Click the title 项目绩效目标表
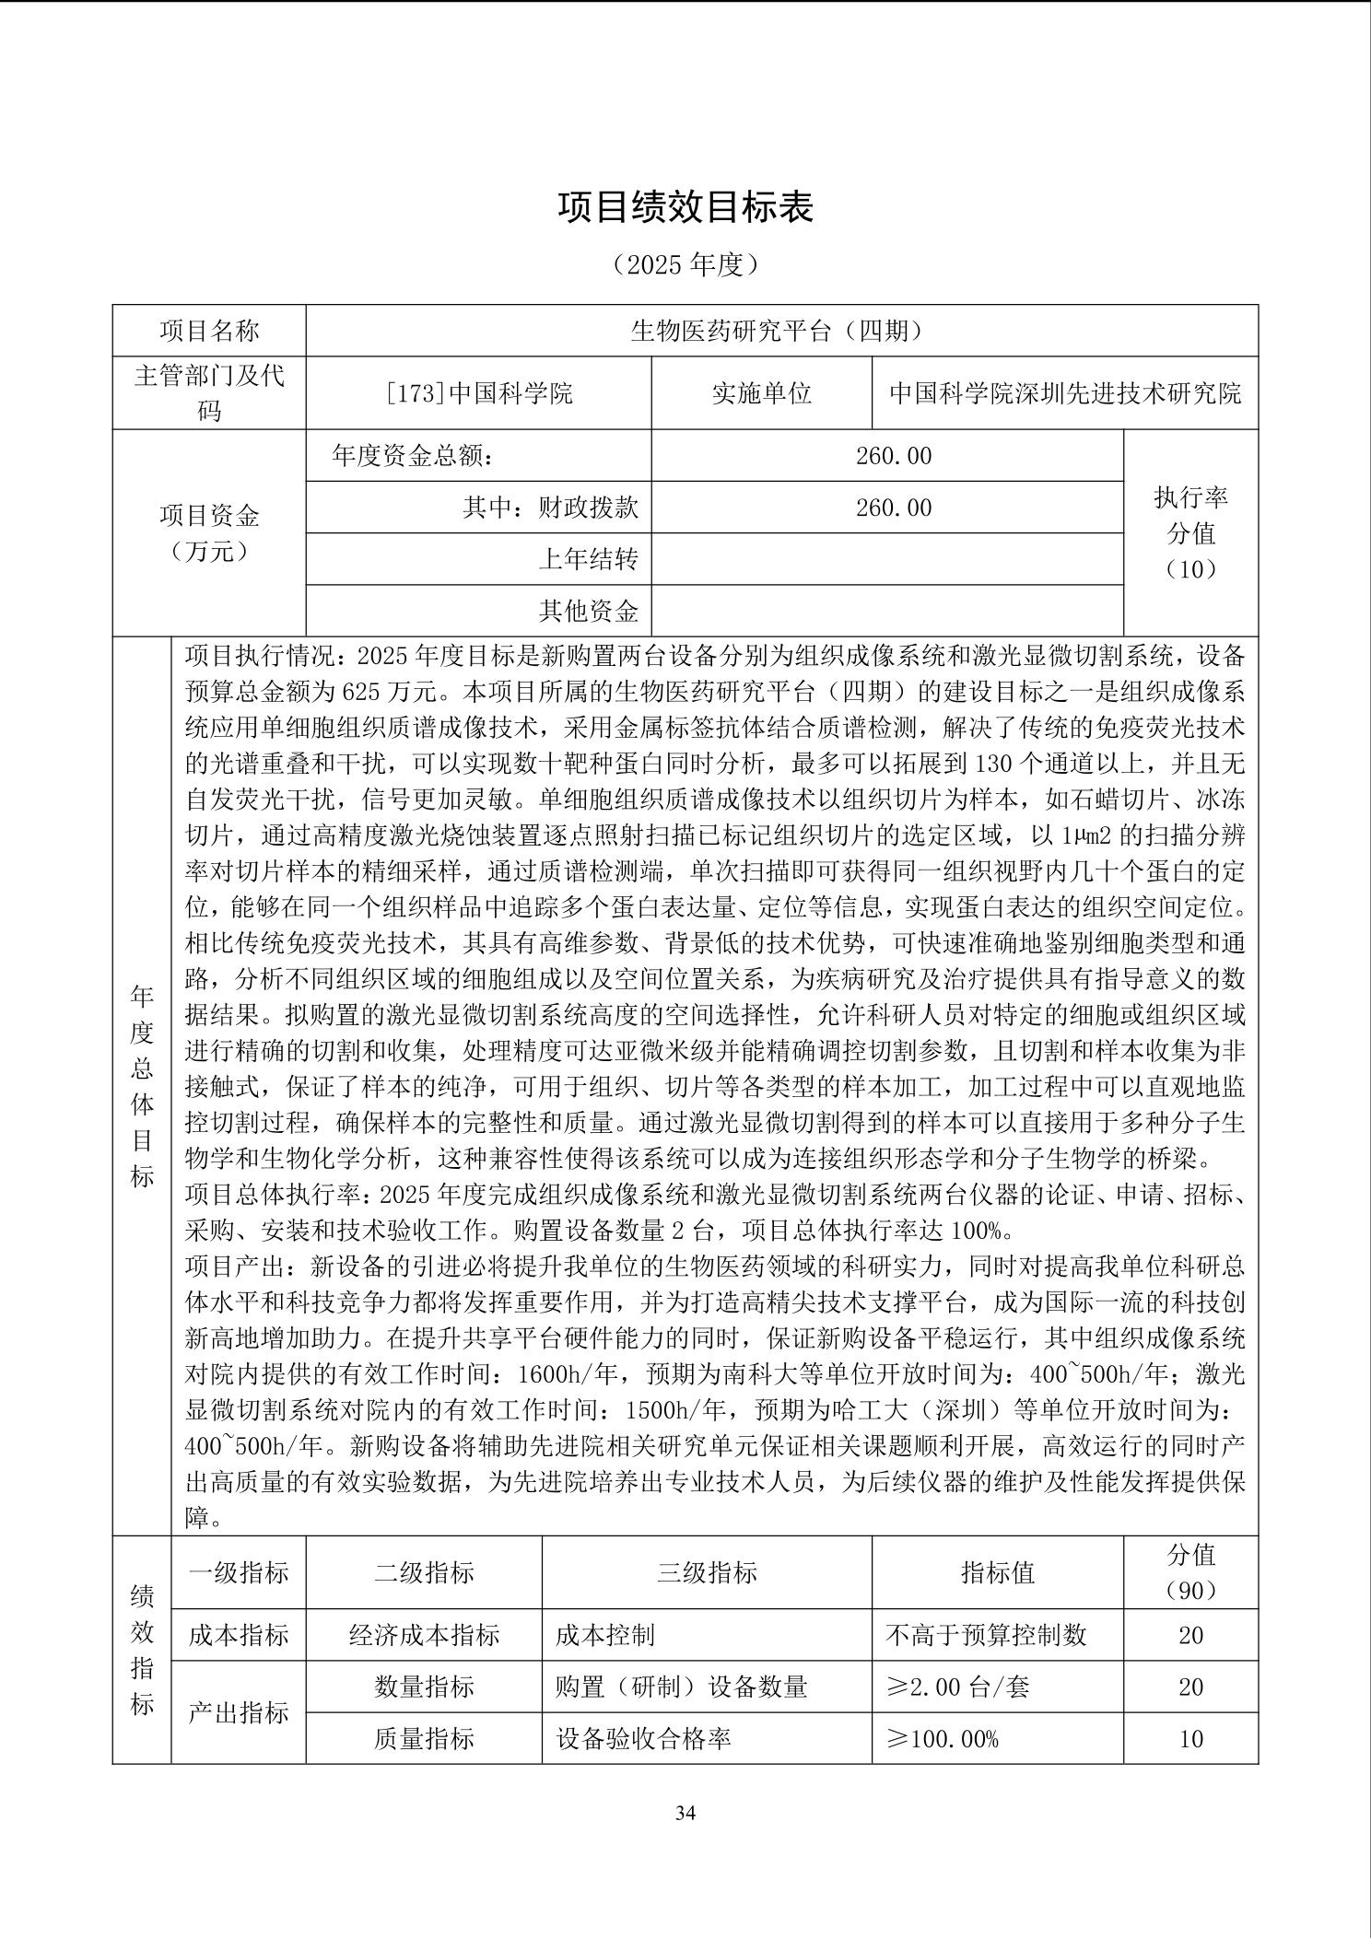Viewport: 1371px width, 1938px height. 685,208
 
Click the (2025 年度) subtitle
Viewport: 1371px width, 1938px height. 685,265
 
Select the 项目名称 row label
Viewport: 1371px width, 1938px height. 209,331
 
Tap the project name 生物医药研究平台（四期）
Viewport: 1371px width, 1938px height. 781,331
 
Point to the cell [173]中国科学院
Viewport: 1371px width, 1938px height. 478,393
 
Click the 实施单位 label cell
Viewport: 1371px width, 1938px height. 761,393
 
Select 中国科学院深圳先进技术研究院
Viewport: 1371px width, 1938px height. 1064,393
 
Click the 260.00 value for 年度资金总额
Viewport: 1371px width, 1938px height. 893,455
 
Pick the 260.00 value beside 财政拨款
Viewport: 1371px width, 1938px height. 893,508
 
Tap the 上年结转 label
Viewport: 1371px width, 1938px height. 588,559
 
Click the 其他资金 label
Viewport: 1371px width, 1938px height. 588,611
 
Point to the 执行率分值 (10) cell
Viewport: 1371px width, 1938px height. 1190,532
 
